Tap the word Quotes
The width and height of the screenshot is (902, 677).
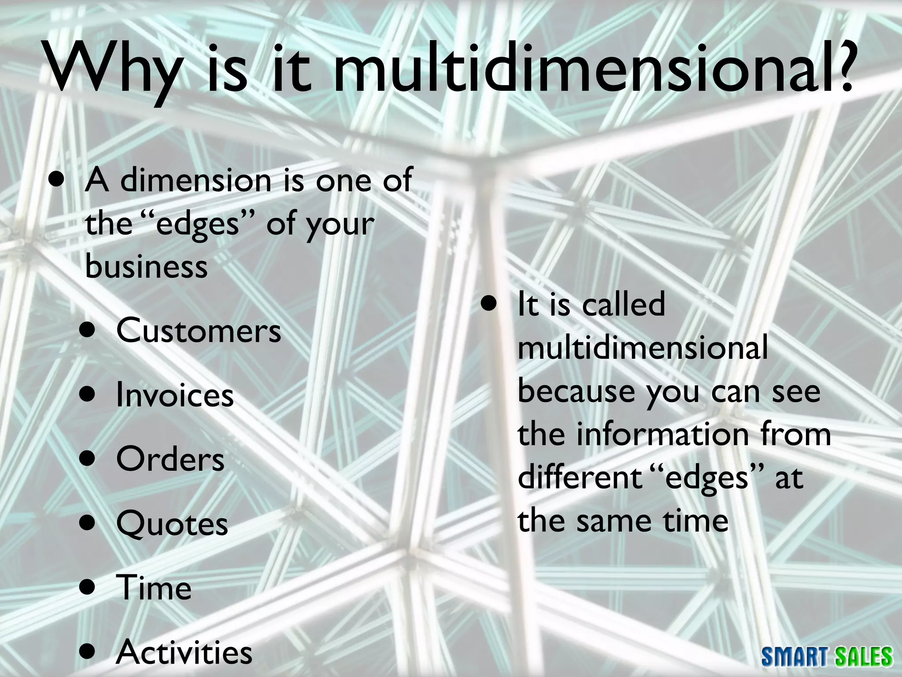coord(172,524)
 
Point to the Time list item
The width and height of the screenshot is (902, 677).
coord(154,588)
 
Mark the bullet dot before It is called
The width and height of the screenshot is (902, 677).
coord(488,305)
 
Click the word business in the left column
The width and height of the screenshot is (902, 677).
coord(146,267)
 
